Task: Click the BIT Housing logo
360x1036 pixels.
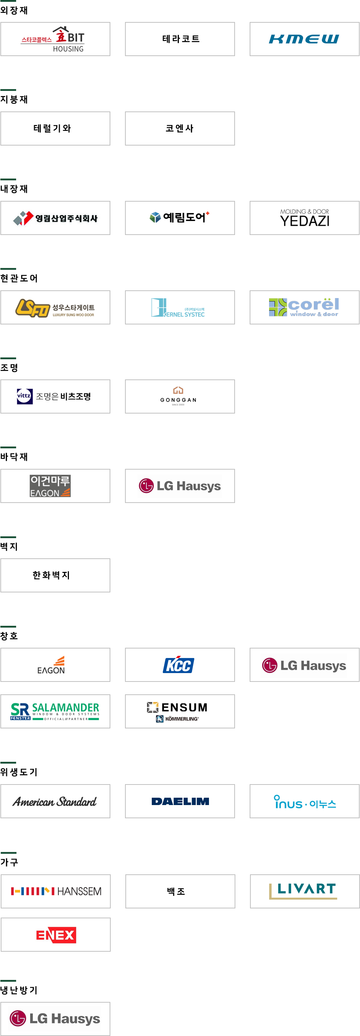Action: click(x=51, y=38)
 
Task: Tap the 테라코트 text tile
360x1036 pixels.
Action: click(x=181, y=38)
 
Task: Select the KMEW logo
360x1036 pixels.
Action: click(x=305, y=38)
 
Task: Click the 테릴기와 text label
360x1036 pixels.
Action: click(x=52, y=128)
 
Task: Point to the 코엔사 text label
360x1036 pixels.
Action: click(x=179, y=128)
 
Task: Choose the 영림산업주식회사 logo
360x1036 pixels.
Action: click(x=53, y=218)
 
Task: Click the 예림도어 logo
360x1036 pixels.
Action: click(x=179, y=218)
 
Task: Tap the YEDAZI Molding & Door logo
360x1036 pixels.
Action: click(x=304, y=218)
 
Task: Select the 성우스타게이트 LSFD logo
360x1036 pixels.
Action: click(x=55, y=308)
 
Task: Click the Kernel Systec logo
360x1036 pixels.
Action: click(x=178, y=307)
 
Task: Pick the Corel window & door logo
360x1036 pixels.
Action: click(x=304, y=307)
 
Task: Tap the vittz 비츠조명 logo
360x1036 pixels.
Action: click(x=54, y=397)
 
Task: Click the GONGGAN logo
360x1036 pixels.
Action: click(x=178, y=397)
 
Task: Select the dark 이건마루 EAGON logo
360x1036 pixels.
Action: click(x=50, y=486)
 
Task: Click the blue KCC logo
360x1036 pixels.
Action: click(x=179, y=664)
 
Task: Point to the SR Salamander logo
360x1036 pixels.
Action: click(x=55, y=712)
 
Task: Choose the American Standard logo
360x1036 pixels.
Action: click(x=55, y=801)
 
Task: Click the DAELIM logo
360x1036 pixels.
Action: click(x=180, y=801)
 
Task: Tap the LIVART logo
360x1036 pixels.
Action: click(x=303, y=891)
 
